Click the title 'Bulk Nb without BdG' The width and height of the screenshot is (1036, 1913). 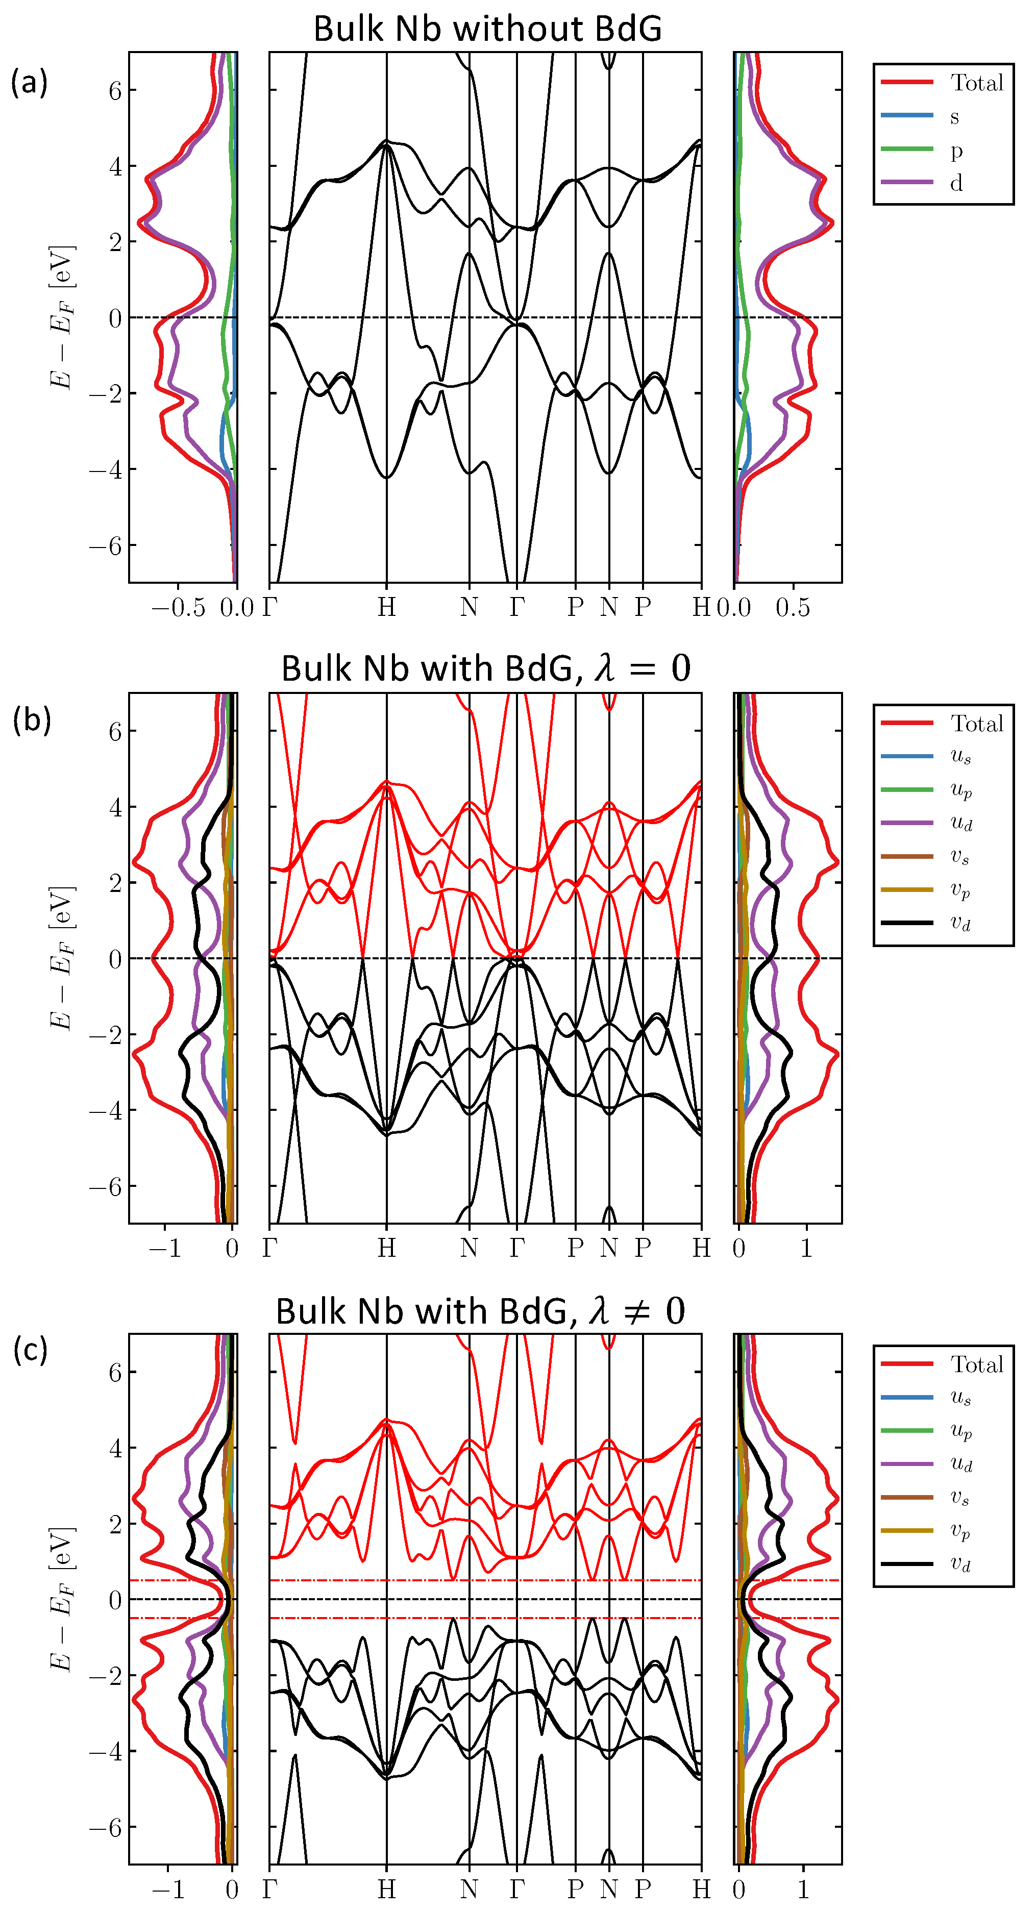coord(487,29)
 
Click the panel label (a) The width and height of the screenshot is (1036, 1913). coord(29,82)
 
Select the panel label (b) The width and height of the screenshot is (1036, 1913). coord(31,719)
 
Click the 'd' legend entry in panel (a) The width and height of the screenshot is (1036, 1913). coord(956,183)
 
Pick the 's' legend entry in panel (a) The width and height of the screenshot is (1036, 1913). coord(955,116)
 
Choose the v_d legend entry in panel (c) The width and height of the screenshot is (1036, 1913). coord(961,1564)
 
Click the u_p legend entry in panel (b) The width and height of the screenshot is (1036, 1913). coord(961,790)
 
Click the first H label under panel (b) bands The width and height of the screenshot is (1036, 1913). coord(386,1248)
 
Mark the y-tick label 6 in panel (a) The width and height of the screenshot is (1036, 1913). coord(115,91)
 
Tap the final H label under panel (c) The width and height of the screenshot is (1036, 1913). coord(701,1889)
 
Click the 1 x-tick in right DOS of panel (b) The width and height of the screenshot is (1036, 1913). coord(806,1248)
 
